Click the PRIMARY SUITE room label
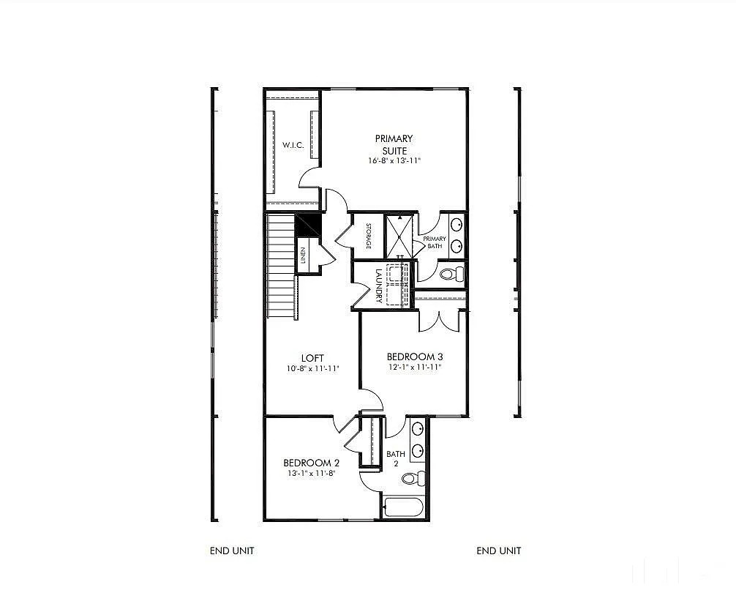[x=394, y=144]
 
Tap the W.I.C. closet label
[x=293, y=146]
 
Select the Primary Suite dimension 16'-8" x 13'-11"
[x=394, y=160]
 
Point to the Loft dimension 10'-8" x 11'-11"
[x=312, y=369]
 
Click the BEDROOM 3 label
[x=415, y=357]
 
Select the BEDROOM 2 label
[x=312, y=463]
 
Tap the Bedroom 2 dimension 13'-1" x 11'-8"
[x=312, y=474]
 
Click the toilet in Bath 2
[x=414, y=480]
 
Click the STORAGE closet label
[x=369, y=236]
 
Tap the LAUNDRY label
[x=378, y=285]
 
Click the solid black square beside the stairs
[x=307, y=224]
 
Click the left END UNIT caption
[x=232, y=551]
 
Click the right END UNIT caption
[x=499, y=551]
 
